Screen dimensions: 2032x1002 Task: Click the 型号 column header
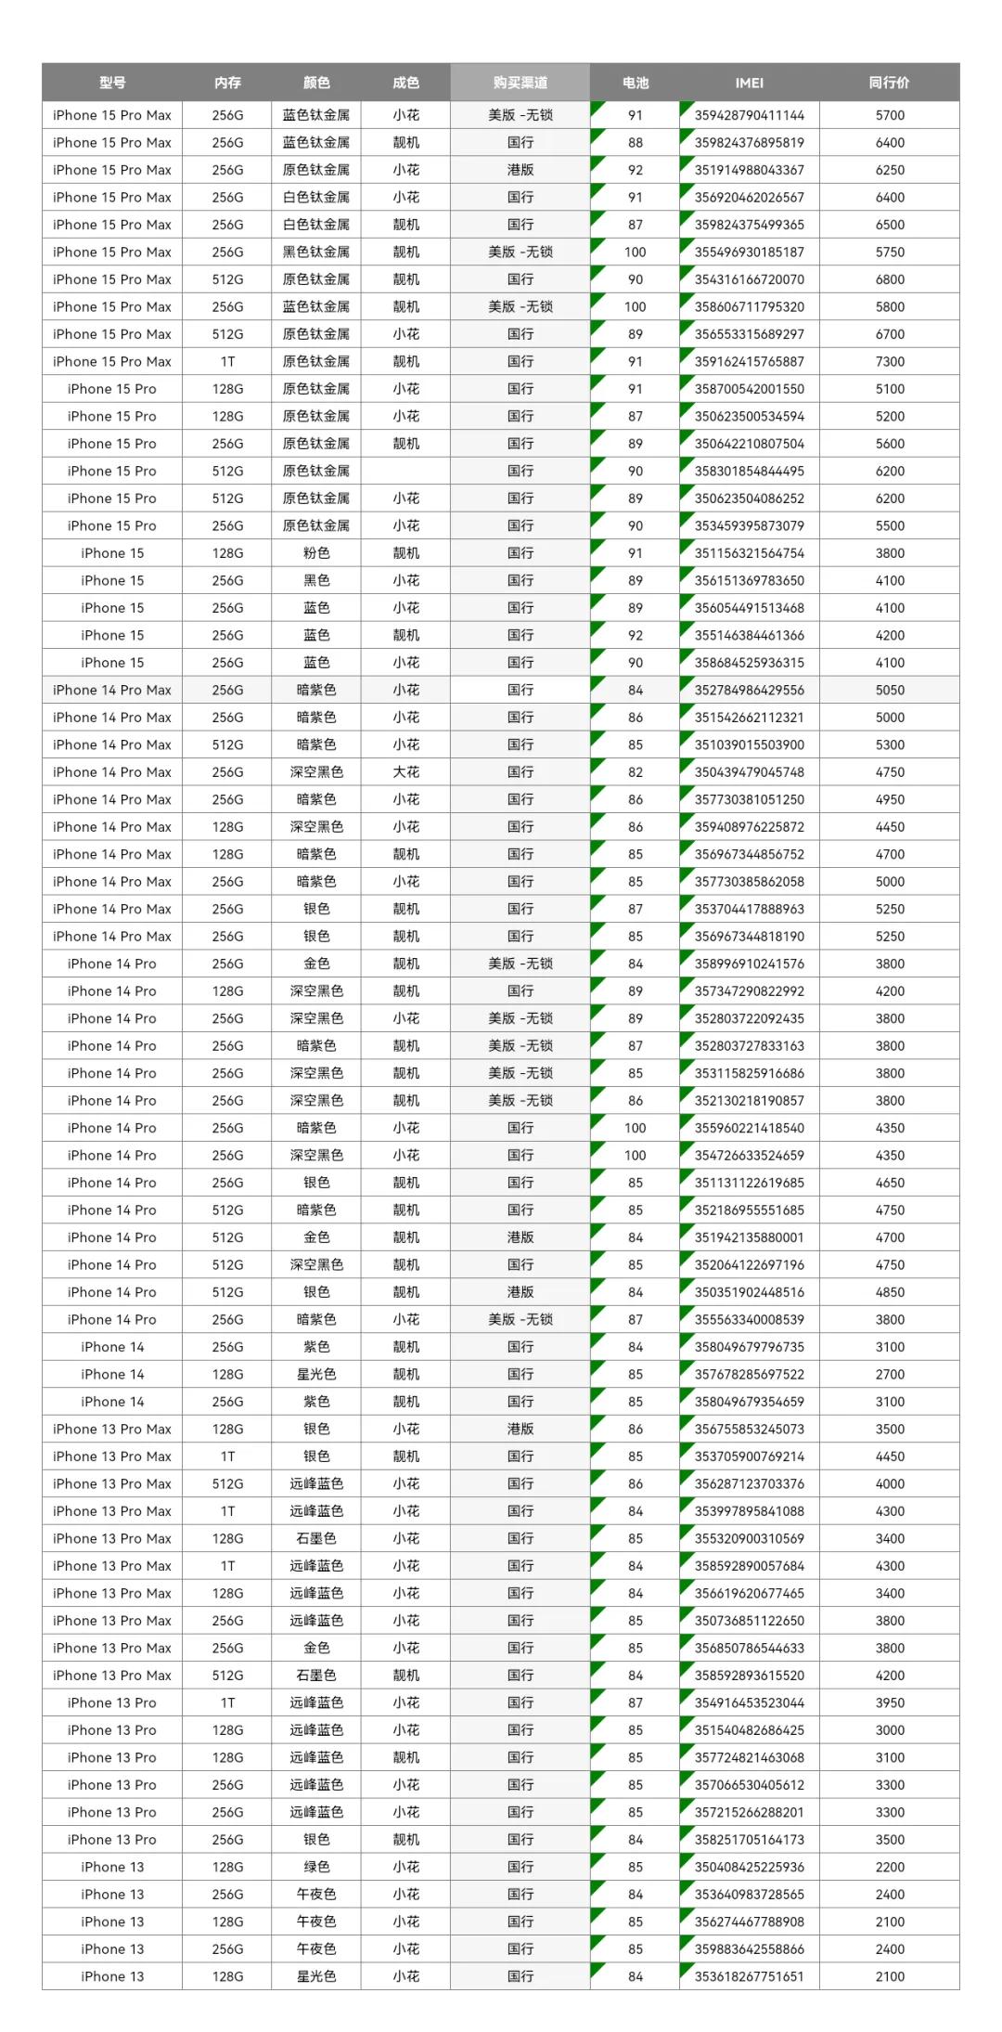pos(112,83)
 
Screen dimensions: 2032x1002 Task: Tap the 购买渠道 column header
pos(520,83)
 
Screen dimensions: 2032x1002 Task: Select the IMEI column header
pos(749,83)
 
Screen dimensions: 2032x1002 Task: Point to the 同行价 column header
pos(889,83)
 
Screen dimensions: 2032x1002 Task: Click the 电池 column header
pos(635,83)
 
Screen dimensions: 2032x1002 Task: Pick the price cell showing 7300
pos(889,361)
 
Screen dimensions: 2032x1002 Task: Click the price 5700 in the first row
pos(889,115)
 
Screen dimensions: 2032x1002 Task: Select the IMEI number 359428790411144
pos(749,115)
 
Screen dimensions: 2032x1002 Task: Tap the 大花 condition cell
pos(405,771)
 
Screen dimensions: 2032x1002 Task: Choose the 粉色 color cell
pos(316,552)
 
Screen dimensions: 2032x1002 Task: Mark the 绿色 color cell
pos(316,1866)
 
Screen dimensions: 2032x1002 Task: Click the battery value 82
pos(635,771)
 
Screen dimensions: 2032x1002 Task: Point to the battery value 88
pos(635,142)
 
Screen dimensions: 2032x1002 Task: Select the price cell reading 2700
pos(889,1374)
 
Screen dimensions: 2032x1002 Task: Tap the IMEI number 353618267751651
pos(749,1975)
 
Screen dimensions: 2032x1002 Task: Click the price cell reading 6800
pos(889,279)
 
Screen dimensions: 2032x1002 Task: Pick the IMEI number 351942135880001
pos(749,1236)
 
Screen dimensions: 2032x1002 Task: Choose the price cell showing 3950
pos(889,1702)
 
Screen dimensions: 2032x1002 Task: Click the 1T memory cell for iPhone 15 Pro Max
pos(227,361)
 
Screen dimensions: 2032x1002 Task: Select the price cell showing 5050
pos(889,690)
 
